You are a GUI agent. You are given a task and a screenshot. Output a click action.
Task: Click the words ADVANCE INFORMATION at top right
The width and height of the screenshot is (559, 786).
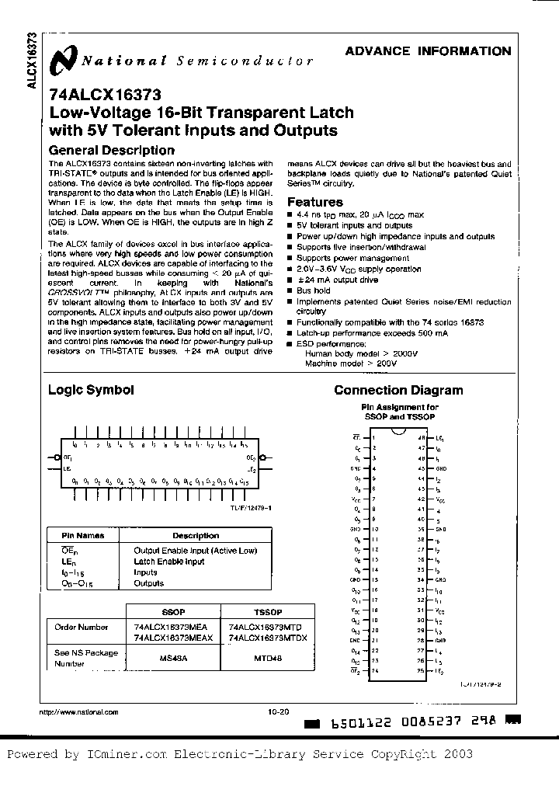(x=428, y=52)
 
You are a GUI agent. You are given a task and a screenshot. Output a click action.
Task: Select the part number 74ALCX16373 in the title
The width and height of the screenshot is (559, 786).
(x=105, y=96)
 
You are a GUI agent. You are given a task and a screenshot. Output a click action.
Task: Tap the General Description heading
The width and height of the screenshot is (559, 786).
(x=111, y=150)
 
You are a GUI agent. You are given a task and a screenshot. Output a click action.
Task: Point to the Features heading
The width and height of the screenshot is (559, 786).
(x=316, y=202)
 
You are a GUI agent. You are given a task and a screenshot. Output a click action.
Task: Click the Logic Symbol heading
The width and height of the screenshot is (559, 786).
(x=91, y=391)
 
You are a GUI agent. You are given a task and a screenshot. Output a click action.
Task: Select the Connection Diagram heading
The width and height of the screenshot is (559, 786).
(x=398, y=391)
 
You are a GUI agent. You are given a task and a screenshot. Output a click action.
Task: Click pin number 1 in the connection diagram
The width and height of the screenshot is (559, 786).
(x=374, y=437)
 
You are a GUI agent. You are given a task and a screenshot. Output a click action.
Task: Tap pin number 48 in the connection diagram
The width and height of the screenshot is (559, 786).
(x=421, y=437)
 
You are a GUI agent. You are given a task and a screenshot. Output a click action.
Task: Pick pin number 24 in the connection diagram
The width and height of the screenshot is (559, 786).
(x=373, y=670)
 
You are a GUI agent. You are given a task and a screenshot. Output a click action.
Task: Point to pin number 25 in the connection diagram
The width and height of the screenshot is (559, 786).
(x=421, y=670)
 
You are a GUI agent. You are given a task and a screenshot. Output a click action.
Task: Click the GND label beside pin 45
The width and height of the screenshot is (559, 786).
(x=440, y=468)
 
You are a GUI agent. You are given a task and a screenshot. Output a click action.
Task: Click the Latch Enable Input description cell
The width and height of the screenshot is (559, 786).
(x=169, y=561)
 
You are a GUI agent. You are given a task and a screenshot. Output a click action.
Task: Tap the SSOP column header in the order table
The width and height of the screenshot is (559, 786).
(x=172, y=611)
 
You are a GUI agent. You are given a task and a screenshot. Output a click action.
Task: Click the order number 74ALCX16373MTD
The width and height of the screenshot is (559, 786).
(x=259, y=625)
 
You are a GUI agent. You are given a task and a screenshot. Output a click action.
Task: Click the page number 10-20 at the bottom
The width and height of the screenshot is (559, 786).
(x=278, y=711)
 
